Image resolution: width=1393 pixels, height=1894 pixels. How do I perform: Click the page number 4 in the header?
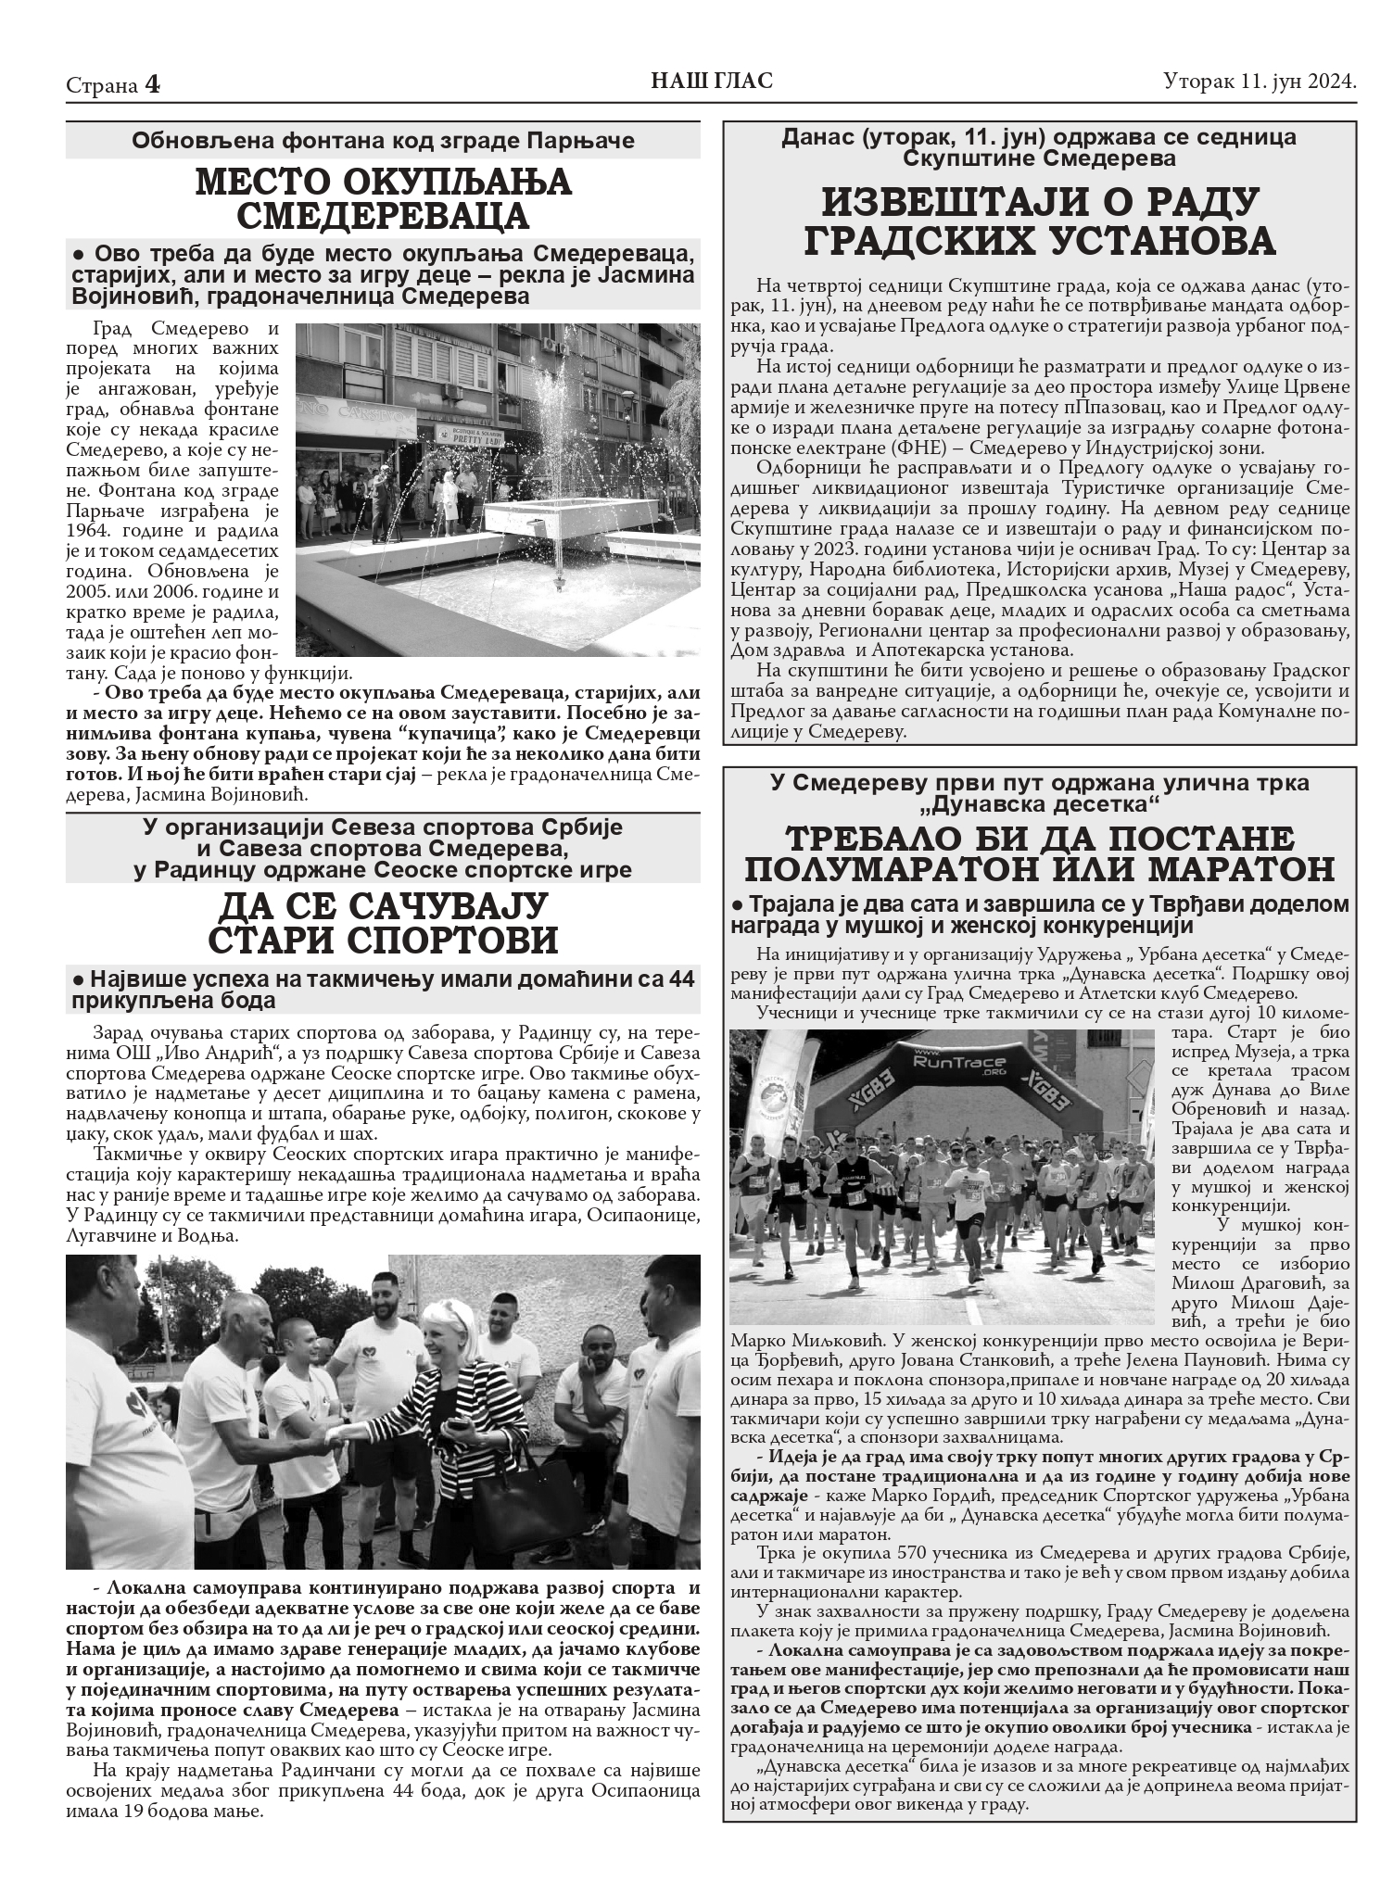(x=152, y=85)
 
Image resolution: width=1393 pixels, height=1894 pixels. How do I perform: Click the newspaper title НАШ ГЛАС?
(x=712, y=82)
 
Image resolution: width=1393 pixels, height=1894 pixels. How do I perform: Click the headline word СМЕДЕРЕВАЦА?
(x=383, y=217)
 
